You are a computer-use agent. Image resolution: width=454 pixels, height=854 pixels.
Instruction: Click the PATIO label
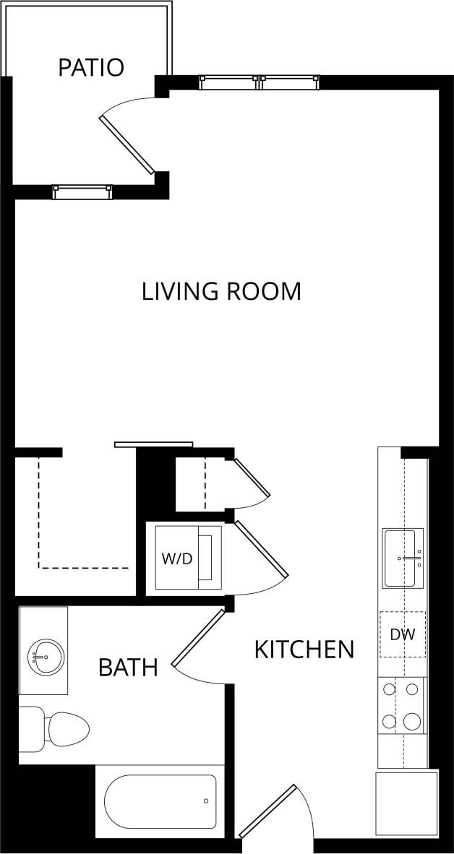click(x=91, y=68)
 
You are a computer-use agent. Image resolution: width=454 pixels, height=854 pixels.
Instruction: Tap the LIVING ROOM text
click(x=221, y=292)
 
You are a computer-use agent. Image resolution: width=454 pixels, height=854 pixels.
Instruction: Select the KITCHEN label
click(x=304, y=650)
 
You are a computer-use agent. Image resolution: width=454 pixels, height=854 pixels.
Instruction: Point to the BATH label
click(x=128, y=668)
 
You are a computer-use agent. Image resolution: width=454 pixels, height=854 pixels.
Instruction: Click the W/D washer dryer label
click(x=176, y=558)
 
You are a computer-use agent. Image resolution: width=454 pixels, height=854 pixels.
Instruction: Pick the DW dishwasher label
click(x=402, y=634)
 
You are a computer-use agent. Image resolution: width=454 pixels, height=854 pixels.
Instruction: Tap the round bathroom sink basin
click(x=46, y=657)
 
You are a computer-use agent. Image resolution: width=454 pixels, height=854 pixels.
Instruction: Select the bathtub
click(x=160, y=801)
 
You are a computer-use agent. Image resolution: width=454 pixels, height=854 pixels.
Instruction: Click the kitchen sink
click(x=403, y=558)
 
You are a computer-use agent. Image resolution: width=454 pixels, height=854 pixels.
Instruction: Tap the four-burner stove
click(x=402, y=705)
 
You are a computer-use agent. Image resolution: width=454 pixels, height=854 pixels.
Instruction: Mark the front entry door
click(x=267, y=811)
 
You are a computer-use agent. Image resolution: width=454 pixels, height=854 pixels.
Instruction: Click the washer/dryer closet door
click(x=261, y=549)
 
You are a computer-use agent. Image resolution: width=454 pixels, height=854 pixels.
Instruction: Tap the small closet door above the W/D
click(x=251, y=478)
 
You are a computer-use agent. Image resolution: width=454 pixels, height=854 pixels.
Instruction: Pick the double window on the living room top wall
click(x=259, y=82)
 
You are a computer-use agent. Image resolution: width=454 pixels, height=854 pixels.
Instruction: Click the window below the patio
click(x=82, y=191)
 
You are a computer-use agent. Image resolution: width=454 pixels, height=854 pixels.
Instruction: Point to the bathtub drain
click(x=206, y=801)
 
